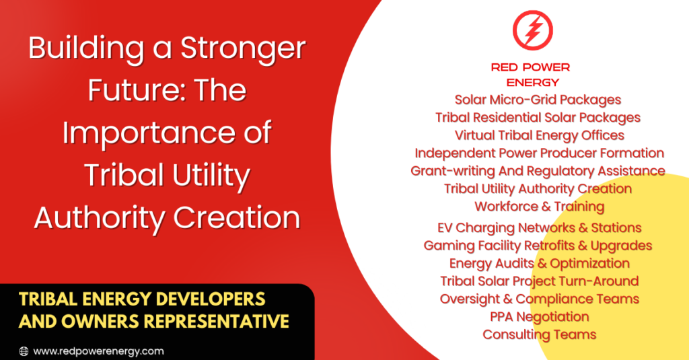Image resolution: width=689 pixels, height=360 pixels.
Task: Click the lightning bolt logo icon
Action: coord(533,30)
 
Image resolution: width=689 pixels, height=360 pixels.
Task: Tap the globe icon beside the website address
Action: coord(24,351)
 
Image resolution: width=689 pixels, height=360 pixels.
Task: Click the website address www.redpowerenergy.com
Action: coord(98,351)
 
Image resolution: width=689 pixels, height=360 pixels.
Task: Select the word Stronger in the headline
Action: coord(243,49)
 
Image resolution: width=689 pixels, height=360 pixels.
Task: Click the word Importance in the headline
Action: coord(146,133)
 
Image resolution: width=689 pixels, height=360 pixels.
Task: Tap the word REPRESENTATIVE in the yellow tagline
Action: coord(217,321)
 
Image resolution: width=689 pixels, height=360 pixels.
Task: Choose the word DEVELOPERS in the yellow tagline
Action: coord(211,299)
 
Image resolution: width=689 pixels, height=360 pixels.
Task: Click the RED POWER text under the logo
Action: coord(530,67)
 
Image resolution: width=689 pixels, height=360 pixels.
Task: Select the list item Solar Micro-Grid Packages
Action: coord(538,100)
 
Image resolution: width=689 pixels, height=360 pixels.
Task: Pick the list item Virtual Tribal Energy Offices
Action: coord(539,135)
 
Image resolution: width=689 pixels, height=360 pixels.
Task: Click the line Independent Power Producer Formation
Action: coord(539,153)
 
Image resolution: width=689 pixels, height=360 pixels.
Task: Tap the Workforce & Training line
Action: coord(539,207)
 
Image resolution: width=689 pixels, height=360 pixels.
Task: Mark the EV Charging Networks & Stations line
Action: coord(539,228)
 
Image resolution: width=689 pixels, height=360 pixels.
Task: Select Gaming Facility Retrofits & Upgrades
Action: coord(538,246)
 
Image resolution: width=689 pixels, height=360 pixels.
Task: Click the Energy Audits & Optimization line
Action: coord(539,263)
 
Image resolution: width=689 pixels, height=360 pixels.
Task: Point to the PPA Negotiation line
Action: coord(539,317)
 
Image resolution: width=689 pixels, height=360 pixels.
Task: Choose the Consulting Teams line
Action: coord(539,334)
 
